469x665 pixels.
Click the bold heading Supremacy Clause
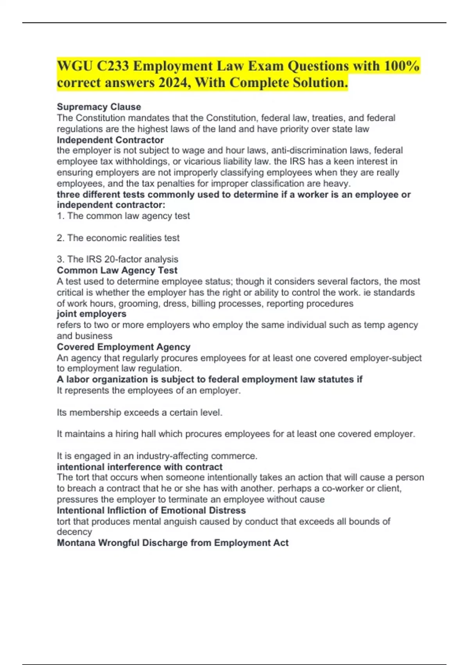coord(99,107)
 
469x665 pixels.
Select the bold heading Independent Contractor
coord(110,140)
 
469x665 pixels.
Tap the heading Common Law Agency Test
coord(117,270)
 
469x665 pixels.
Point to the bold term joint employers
coord(91,314)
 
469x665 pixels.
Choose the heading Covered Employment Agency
coord(124,347)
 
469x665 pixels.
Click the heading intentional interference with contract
coord(140,467)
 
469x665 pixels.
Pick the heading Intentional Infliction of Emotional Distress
coord(151,510)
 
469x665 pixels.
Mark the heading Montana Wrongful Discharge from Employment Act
coord(172,543)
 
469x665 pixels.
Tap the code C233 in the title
coord(113,66)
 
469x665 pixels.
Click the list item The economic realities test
coord(118,238)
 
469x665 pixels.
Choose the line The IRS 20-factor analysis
coord(117,259)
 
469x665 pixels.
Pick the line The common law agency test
coord(124,216)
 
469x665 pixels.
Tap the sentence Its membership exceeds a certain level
coord(140,412)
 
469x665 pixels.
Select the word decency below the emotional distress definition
coord(74,532)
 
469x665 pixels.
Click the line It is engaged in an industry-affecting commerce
coord(157,456)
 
